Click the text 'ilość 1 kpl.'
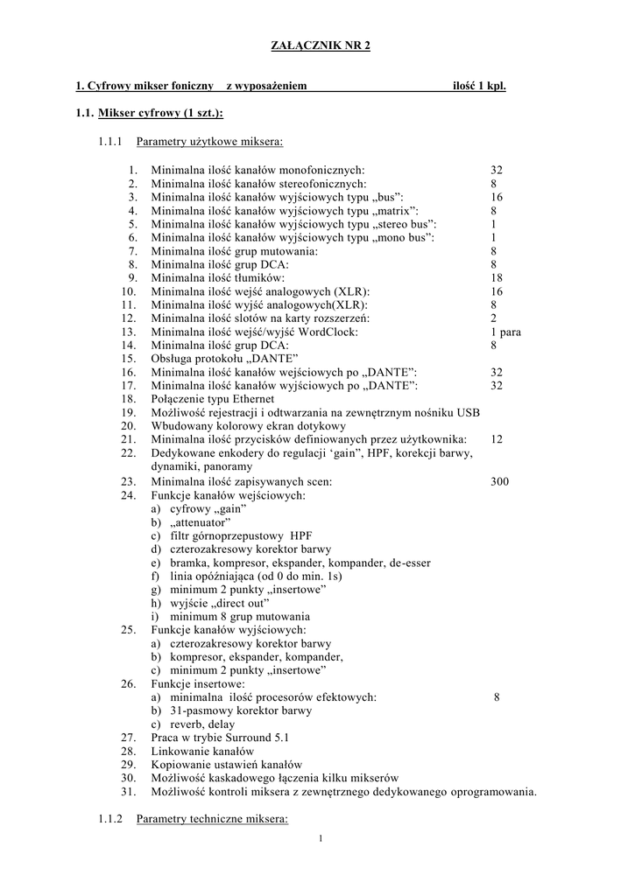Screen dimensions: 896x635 click(479, 86)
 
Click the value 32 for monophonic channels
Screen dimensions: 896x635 click(497, 170)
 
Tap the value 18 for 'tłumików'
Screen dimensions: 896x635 click(497, 277)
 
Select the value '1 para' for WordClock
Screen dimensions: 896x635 click(506, 332)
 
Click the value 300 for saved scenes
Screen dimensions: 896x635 click(499, 481)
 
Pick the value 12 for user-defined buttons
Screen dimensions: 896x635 click(497, 439)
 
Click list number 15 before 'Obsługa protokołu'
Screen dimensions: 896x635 click(129, 359)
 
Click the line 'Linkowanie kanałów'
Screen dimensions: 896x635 click(202, 751)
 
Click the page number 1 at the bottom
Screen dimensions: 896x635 click(321, 839)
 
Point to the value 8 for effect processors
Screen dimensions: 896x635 click(497, 696)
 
